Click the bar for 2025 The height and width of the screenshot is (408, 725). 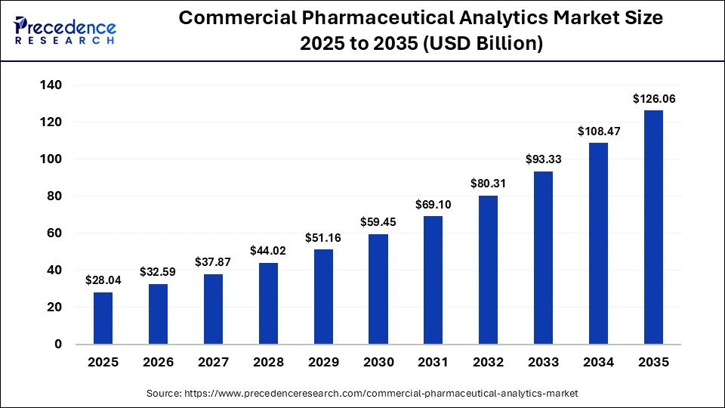103,318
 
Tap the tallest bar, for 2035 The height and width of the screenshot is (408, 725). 653,227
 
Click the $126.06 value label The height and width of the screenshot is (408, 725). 653,98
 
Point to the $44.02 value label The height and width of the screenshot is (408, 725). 268,250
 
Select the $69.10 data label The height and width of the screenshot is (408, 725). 433,204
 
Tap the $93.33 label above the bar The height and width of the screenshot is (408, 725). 544,159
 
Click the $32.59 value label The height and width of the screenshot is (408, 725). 158,271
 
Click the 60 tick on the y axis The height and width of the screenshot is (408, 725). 54,233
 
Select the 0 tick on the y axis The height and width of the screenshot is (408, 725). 58,345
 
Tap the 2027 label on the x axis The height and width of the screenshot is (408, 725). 213,363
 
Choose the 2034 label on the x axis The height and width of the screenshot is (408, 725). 599,363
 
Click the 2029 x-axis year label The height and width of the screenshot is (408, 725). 323,363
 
